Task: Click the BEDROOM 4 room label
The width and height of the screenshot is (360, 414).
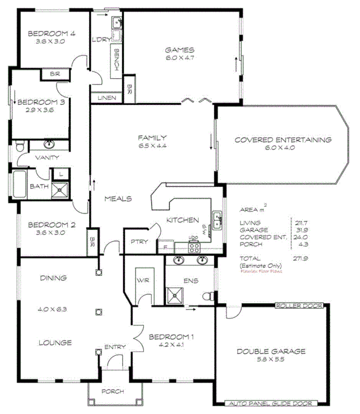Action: coord(52,34)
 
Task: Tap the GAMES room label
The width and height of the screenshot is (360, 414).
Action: coord(179,50)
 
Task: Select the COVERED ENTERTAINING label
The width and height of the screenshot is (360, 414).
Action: coord(283,140)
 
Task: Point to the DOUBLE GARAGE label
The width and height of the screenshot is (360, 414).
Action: coord(271,351)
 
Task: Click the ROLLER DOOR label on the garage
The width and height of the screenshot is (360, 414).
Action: coord(299,306)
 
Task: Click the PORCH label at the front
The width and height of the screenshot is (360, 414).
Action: coord(113,392)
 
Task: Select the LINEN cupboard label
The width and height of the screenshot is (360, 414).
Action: coord(106,98)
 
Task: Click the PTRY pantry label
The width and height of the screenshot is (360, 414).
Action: coord(139,242)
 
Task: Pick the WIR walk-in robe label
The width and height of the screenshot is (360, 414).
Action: coord(142,281)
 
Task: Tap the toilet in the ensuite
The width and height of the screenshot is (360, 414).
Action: coord(209,296)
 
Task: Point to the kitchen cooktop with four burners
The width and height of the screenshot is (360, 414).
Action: coord(194,247)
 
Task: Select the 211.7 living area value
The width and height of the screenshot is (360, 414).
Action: coord(301,223)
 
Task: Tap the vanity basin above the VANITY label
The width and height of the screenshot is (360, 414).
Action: coord(50,145)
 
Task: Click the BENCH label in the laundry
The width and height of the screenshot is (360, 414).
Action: coord(117,59)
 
